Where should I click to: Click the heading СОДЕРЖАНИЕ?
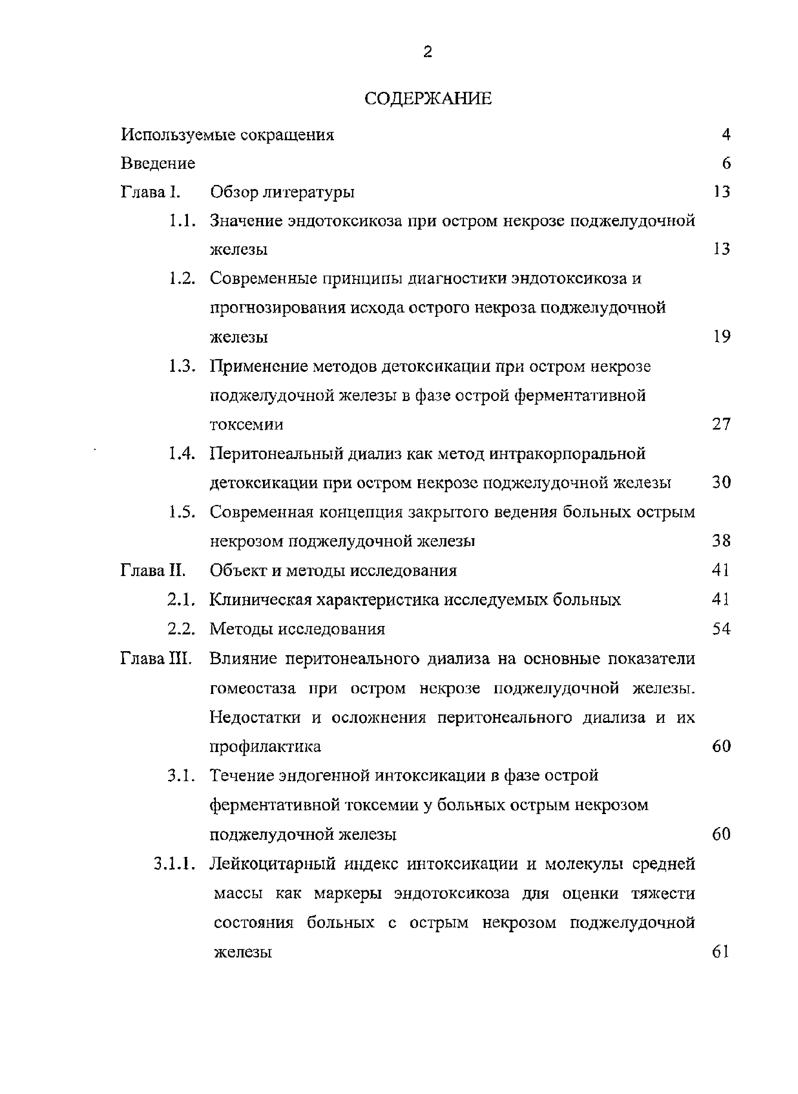428,99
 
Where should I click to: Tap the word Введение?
158,163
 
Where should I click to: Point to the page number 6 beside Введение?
726,163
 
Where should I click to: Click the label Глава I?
150,192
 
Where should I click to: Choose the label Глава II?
153,571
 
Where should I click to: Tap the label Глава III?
156,659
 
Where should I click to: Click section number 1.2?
182,279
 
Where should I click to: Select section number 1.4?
182,454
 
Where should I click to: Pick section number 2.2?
181,629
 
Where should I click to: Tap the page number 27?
721,425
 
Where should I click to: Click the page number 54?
721,629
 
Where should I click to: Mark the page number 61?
720,952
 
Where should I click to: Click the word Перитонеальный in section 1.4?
275,454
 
